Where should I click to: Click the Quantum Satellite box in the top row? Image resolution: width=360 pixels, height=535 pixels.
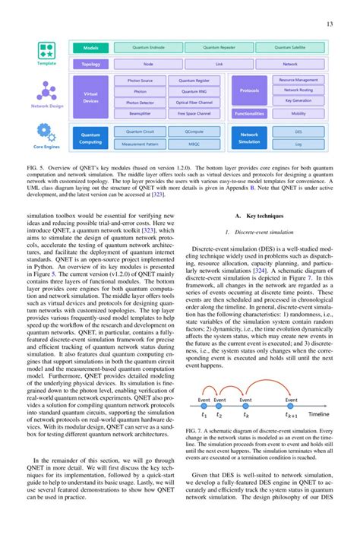coord(289,48)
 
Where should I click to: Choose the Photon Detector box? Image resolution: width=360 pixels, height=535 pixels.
coord(139,102)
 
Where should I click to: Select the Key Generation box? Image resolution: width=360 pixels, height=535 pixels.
coord(298,100)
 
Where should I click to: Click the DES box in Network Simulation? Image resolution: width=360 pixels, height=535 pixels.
coord(298,131)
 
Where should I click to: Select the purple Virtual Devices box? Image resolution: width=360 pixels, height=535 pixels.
coord(90,97)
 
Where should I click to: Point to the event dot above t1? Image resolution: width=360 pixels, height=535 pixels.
coord(203,404)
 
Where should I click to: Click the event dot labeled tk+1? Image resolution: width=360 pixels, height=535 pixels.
coord(292,404)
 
